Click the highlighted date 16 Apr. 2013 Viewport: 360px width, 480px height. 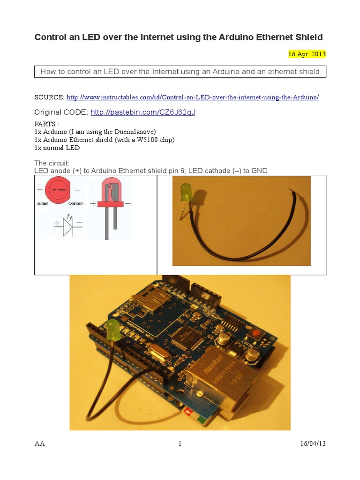click(x=307, y=54)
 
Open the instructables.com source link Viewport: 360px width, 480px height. click(x=193, y=97)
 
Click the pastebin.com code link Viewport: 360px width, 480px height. click(x=142, y=112)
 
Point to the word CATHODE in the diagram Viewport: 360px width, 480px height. click(x=76, y=204)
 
